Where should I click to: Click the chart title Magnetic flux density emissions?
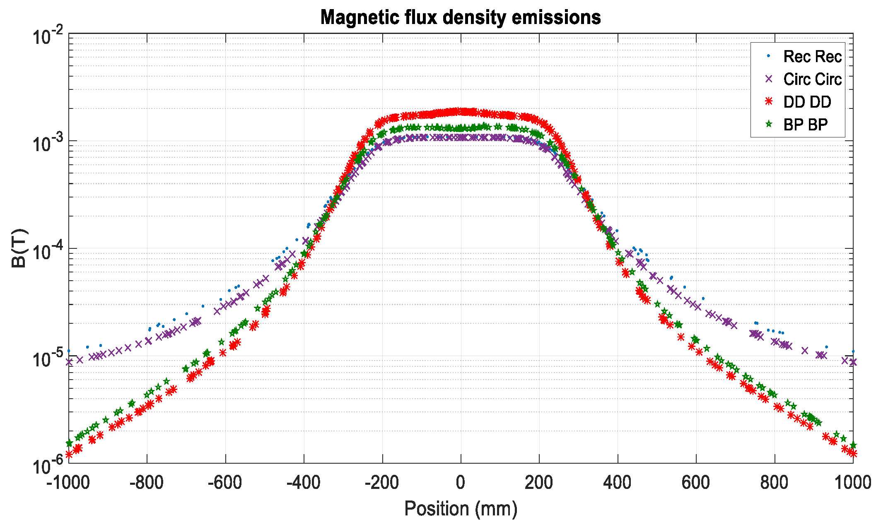tap(461, 17)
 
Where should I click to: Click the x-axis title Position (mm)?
tap(461, 508)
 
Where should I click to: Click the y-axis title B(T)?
tap(19, 248)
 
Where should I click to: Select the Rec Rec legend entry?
tap(812, 57)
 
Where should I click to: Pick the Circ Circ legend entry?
tap(812, 79)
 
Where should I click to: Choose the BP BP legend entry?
tap(805, 124)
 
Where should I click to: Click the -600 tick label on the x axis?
tap(225, 483)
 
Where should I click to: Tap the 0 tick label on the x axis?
tap(461, 483)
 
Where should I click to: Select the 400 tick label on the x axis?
tap(617, 483)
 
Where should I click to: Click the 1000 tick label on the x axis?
tap(852, 483)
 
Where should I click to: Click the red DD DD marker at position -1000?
tap(69, 455)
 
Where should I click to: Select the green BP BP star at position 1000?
tap(853, 445)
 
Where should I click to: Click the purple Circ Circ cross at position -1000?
tap(69, 362)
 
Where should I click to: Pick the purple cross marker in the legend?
tap(769, 79)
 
